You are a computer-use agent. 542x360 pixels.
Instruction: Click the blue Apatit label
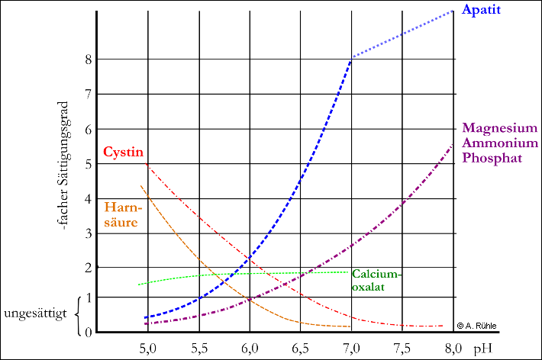point(481,11)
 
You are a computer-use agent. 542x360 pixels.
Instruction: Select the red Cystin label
point(123,152)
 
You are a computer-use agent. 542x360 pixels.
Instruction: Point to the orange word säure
point(121,223)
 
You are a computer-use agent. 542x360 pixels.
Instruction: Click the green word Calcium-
point(376,275)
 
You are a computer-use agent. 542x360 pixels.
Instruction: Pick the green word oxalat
point(368,288)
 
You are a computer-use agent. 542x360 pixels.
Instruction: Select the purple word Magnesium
point(500,128)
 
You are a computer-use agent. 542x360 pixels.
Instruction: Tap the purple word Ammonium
point(500,143)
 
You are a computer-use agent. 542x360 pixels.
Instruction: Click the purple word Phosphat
point(492,159)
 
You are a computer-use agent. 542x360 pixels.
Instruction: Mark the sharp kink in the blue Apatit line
point(351,57)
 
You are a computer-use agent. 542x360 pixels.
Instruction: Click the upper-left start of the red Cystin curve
point(145,163)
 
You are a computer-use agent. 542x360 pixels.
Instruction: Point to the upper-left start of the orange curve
point(141,185)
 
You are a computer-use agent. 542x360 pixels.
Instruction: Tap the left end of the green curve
point(138,284)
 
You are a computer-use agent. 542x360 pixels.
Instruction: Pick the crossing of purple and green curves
point(303,272)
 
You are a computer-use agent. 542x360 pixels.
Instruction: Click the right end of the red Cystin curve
point(443,326)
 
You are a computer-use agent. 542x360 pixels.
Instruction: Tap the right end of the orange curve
point(350,326)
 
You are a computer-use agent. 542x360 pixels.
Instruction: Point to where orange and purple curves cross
point(250,300)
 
